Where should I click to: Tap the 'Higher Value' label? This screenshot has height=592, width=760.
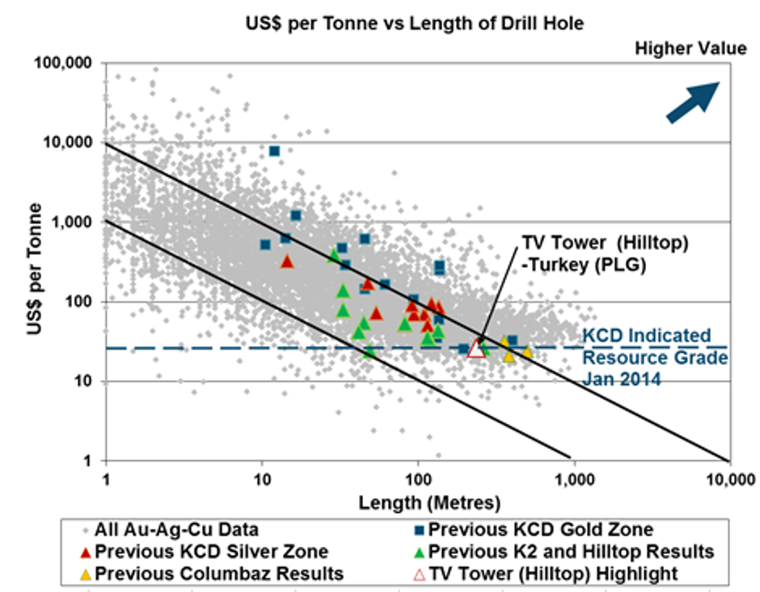pos(691,49)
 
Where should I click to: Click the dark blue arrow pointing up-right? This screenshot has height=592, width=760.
pos(693,102)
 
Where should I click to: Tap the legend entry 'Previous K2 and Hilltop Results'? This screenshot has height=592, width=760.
pos(570,552)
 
